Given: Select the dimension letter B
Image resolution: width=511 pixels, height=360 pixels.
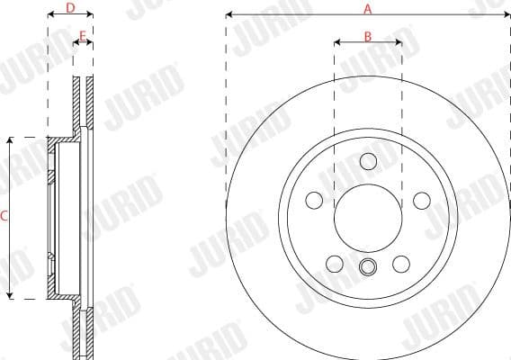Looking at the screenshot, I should tap(367, 36).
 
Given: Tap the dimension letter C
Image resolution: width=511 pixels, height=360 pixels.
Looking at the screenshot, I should tap(4, 216).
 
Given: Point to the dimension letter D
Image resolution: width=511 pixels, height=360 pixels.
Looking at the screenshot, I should tap(70, 8).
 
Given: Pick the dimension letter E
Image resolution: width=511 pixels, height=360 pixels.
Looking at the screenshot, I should tap(83, 36).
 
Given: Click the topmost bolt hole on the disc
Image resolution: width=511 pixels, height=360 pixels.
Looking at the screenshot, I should tap(367, 161).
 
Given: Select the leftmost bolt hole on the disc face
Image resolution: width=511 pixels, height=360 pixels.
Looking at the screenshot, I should tap(313, 200).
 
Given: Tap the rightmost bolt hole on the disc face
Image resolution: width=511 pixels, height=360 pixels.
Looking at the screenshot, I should tap(421, 200).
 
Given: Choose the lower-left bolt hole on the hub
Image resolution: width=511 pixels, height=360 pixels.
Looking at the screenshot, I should tap(334, 264).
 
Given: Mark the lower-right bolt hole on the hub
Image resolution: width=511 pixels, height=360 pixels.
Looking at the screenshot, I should tap(400, 264).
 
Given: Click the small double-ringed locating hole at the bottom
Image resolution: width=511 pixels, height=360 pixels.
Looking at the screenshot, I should tap(367, 266).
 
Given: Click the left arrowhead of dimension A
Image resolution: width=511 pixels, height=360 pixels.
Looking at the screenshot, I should tap(229, 15).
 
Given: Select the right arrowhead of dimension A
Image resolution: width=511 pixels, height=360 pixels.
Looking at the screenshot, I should tap(506, 15).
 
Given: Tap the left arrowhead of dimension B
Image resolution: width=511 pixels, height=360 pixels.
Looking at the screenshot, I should tap(336, 42).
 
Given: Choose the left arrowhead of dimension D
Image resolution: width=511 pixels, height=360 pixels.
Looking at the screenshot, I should tap(50, 15).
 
